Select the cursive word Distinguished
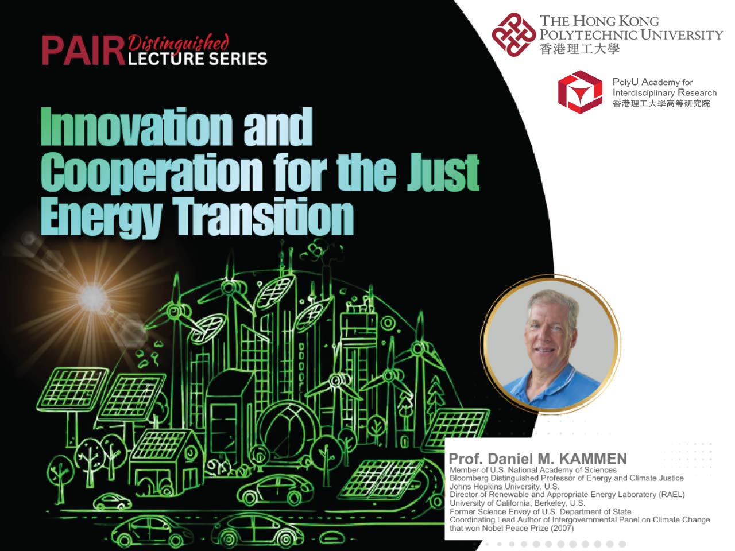point(178,42)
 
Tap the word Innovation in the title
point(136,127)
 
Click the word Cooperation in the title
point(151,172)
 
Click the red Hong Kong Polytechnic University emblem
point(513,34)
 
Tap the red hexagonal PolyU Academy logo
point(580,92)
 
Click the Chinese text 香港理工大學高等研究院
point(661,103)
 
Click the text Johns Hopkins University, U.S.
point(504,486)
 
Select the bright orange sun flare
point(93,297)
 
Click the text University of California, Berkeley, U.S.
point(517,503)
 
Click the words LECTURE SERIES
point(198,59)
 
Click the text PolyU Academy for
point(652,82)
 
